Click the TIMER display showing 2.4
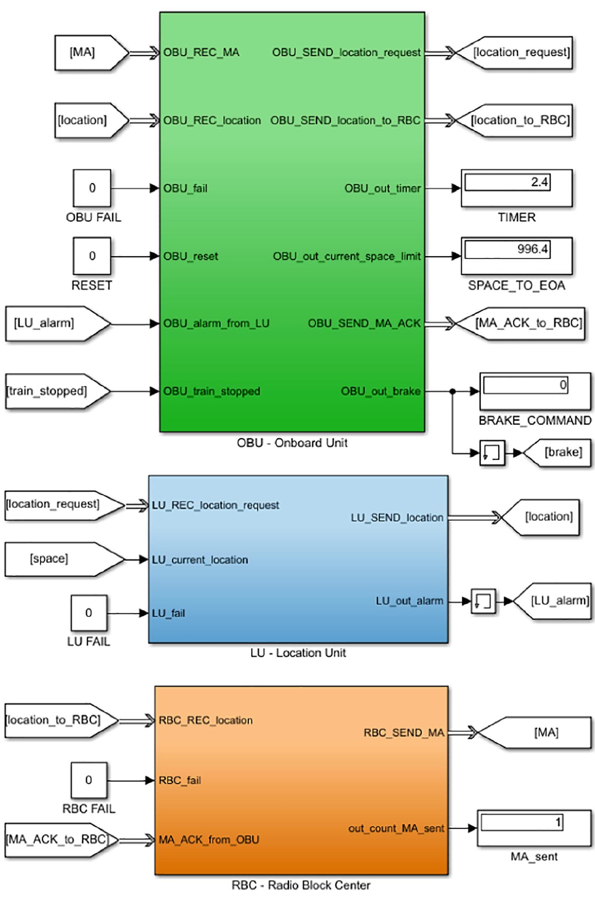pyautogui.click(x=516, y=188)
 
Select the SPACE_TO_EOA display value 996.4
pyautogui.click(x=516, y=255)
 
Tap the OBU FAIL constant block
pyautogui.click(x=92, y=188)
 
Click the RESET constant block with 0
pyautogui.click(x=92, y=255)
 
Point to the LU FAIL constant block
pyautogui.click(x=89, y=612)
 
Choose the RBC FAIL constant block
pyautogui.click(x=89, y=780)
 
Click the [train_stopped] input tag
pyautogui.click(x=53, y=391)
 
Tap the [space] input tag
pyautogui.click(x=59, y=559)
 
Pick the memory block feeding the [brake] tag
pyautogui.click(x=492, y=453)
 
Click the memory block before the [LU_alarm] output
pyautogui.click(x=483, y=601)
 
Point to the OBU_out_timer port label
pyautogui.click(x=382, y=188)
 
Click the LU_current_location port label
pyautogui.click(x=200, y=560)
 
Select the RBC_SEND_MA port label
pyautogui.click(x=403, y=733)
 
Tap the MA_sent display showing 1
pyautogui.click(x=534, y=828)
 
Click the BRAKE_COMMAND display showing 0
pyautogui.click(x=534, y=391)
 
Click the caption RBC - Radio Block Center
pyautogui.click(x=301, y=885)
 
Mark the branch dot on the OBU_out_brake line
pyautogui.click(x=453, y=391)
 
